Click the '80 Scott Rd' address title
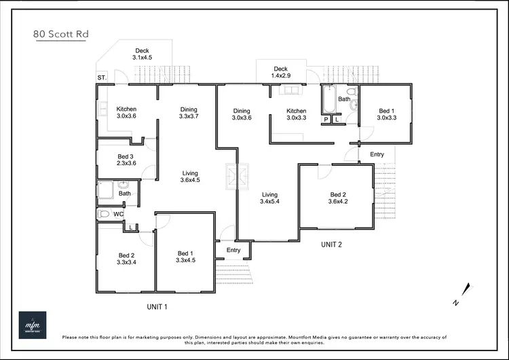tap(59, 33)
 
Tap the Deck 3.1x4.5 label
tap(142, 54)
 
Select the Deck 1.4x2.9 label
tap(281, 73)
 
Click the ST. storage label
tap(102, 77)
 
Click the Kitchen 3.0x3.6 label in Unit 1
tap(126, 113)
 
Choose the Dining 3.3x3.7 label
tap(189, 113)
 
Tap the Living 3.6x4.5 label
tap(190, 177)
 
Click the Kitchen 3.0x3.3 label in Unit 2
tap(297, 114)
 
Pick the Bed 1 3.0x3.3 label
tap(385, 114)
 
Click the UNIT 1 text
tap(157, 307)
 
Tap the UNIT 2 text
tap(331, 245)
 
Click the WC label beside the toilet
tap(118, 215)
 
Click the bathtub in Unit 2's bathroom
tap(327, 99)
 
